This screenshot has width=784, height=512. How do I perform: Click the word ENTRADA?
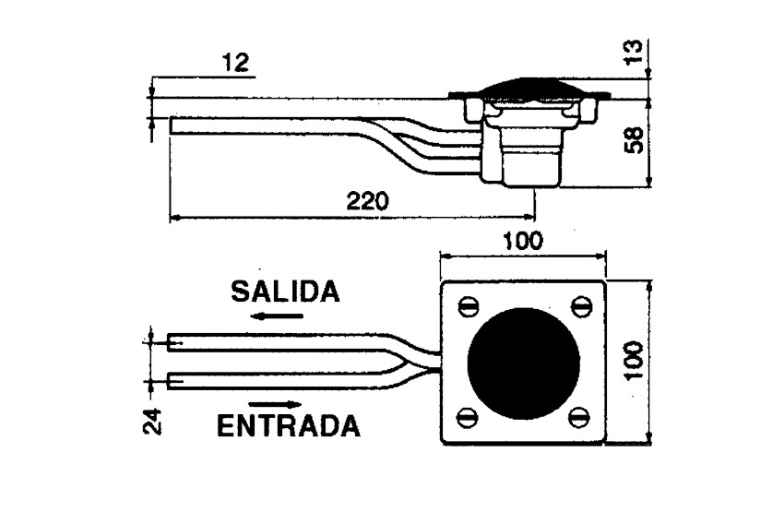pos(289,426)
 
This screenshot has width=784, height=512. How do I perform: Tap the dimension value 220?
pos(367,201)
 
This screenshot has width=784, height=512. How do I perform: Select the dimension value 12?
pos(235,64)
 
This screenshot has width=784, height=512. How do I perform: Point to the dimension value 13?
pos(634,51)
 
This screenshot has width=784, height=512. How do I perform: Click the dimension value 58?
pos(634,140)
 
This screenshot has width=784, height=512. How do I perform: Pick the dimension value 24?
pos(152,422)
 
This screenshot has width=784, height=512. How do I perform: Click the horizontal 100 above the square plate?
pos(522,241)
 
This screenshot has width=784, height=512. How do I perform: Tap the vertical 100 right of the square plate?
pos(634,361)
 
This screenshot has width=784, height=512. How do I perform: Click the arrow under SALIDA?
pos(278,316)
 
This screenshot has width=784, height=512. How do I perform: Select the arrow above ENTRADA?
pos(276,404)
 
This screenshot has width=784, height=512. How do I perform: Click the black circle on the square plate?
pos(524,363)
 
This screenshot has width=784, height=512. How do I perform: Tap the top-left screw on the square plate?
pos(469,307)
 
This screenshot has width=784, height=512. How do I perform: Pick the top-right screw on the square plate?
pos(580,306)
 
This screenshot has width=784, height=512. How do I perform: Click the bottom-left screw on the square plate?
pos(468,417)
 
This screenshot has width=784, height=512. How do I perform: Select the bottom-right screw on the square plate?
pos(579,418)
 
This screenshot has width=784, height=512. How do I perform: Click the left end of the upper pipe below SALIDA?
pos(168,342)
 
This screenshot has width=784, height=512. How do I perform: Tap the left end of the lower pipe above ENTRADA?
pos(168,381)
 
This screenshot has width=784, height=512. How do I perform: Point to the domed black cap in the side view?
pos(530,86)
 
